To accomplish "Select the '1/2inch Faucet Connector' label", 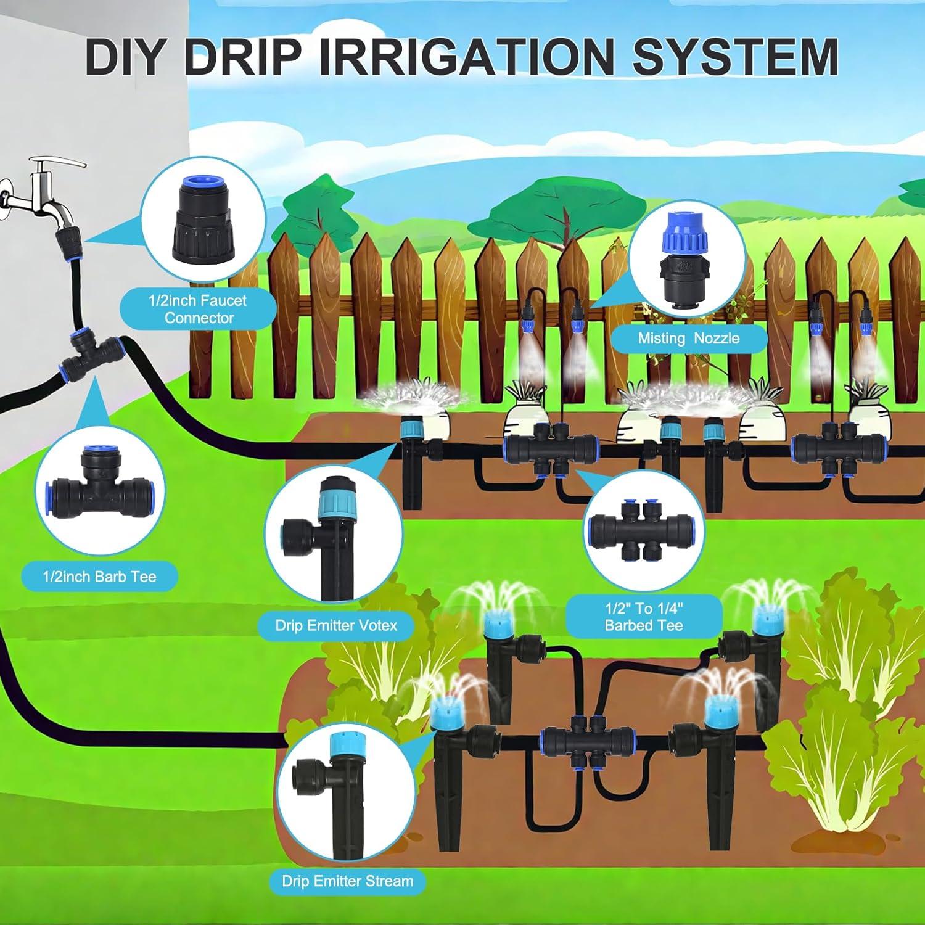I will [x=199, y=310].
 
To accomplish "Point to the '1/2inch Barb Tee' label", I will [x=99, y=577].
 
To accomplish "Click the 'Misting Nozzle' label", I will [x=688, y=338].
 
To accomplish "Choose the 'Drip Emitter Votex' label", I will [x=336, y=625].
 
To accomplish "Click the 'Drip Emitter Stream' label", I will [x=347, y=881].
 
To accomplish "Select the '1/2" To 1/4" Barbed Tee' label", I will [x=644, y=617].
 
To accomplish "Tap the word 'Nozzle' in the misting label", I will [x=716, y=338].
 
